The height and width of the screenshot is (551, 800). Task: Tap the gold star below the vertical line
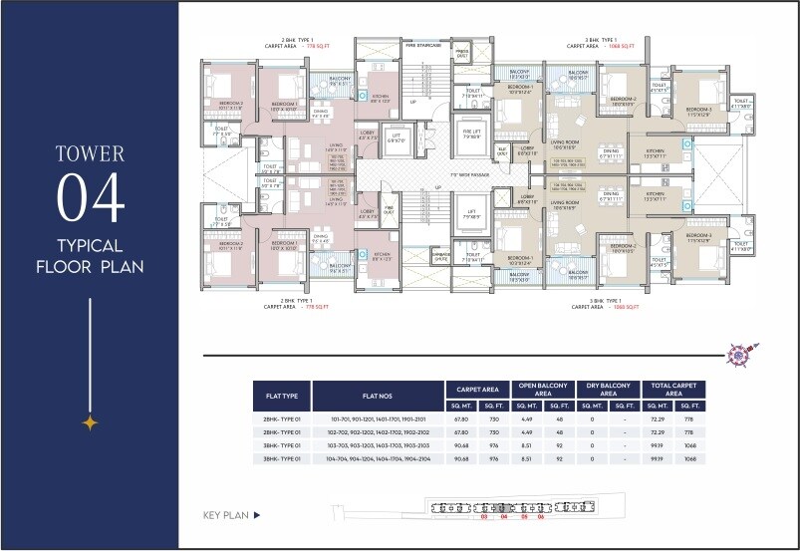[x=90, y=422]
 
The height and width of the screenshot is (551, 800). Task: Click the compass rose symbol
[x=742, y=354]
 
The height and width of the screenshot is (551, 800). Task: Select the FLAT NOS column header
[x=378, y=396]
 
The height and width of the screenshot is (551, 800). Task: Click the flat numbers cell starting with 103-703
[x=378, y=446]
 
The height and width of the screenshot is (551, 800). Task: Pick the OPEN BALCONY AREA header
[x=542, y=390]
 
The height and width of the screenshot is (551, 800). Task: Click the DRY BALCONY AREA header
[x=607, y=390]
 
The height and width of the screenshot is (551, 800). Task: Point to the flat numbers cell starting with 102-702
[x=378, y=433]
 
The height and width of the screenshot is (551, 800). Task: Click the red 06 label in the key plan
[x=541, y=517]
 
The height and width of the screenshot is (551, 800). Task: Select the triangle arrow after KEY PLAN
[x=256, y=515]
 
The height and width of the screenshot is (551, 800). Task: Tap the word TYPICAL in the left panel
[x=91, y=245]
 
